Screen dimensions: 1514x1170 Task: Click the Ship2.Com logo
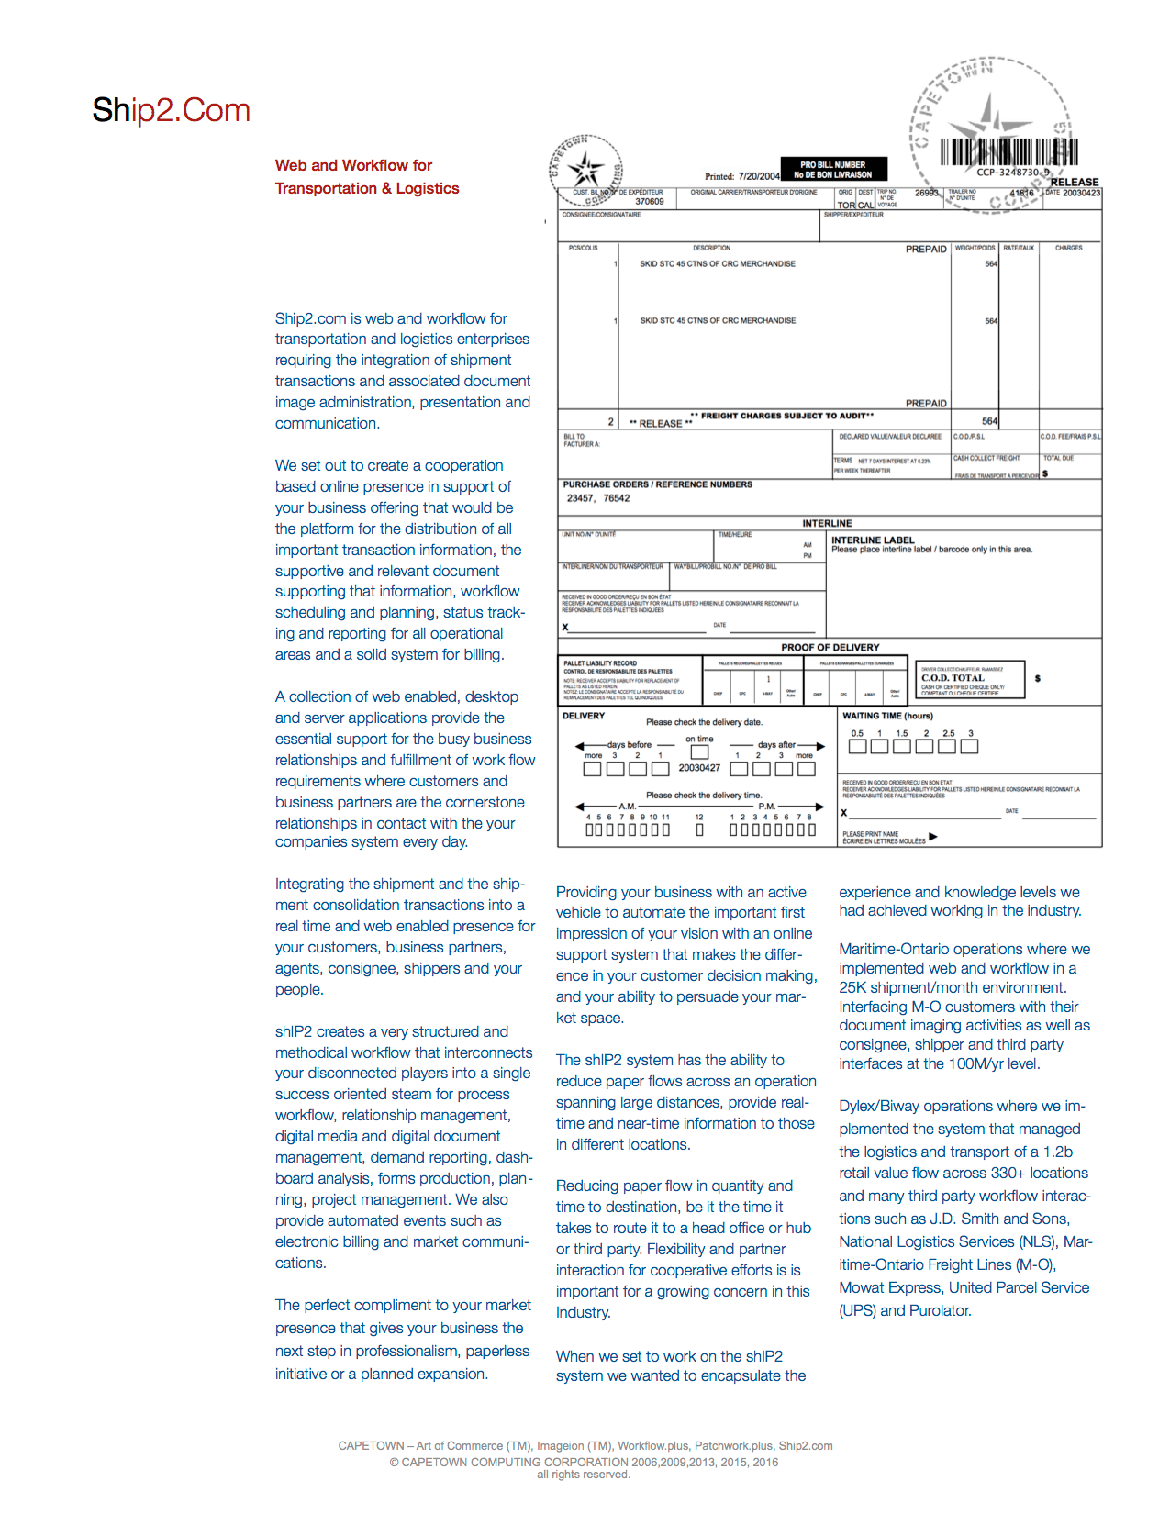pos(171,110)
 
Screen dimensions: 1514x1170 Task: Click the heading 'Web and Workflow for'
pos(353,165)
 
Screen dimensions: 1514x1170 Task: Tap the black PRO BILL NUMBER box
pos(833,170)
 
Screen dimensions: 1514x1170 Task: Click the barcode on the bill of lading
pos(1008,151)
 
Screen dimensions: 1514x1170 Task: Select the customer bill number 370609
pos(650,202)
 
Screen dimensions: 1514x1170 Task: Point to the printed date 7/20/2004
pos(759,176)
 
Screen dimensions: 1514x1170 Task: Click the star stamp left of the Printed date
pos(585,169)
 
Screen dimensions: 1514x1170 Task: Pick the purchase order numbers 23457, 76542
pos(598,498)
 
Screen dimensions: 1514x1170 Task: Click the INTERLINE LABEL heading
pos(873,540)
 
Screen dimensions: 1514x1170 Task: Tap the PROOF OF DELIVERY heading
pos(830,648)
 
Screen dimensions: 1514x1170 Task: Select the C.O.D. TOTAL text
pos(953,678)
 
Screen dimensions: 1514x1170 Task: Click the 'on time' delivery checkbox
pos(699,752)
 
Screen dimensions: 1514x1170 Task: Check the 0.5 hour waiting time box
pos(857,747)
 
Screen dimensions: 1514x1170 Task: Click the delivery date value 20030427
pos(699,768)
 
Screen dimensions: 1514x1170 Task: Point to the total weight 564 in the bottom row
pos(989,421)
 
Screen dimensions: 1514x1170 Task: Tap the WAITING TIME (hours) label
pos(887,716)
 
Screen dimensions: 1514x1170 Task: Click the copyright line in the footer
pos(584,1462)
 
